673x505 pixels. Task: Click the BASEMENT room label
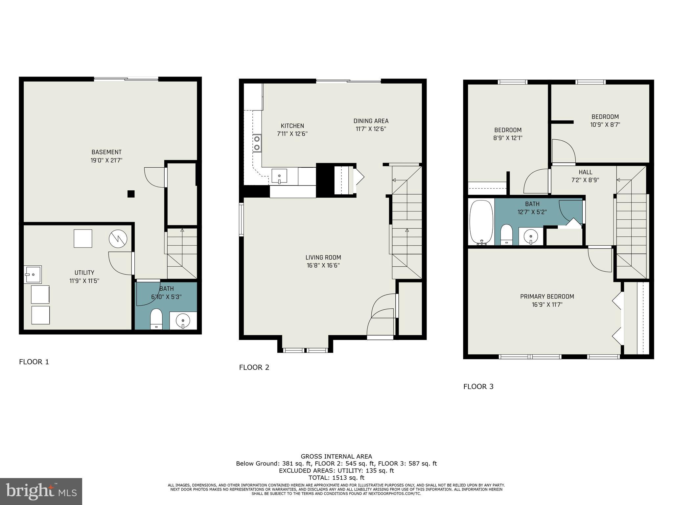(106, 152)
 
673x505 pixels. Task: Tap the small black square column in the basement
(131, 194)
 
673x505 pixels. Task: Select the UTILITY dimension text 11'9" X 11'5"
(84, 281)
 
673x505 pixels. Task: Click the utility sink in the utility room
(33, 275)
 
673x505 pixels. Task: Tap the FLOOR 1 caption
(34, 362)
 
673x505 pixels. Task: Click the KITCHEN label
(292, 126)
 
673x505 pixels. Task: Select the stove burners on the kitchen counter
(257, 143)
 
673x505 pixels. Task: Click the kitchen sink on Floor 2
(279, 177)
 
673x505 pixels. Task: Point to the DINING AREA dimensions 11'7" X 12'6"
(371, 129)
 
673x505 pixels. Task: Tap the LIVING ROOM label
(323, 257)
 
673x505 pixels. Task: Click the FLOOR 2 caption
(254, 368)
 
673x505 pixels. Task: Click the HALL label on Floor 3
(585, 172)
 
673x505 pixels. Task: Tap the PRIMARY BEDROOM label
(547, 297)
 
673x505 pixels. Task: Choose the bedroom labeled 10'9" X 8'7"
(605, 121)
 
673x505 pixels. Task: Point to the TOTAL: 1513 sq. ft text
(336, 478)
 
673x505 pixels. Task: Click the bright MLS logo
(41, 492)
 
